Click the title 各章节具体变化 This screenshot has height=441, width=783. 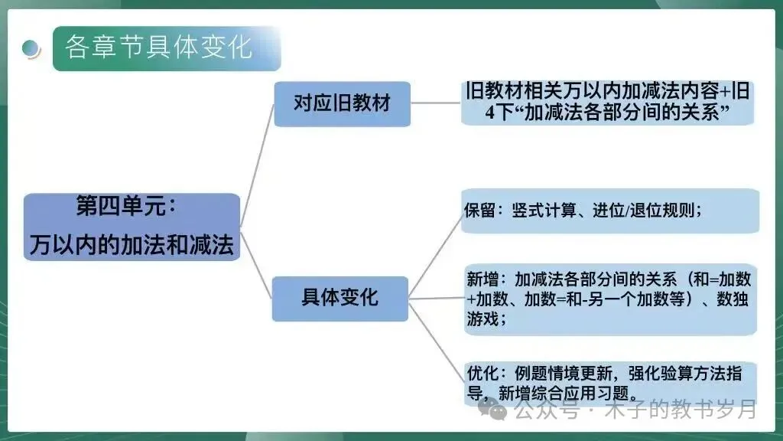(158, 47)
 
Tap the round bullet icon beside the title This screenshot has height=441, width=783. (31, 48)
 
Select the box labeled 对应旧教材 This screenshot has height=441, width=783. (342, 103)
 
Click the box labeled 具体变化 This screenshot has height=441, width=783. (340, 297)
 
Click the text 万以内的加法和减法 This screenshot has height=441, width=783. (132, 246)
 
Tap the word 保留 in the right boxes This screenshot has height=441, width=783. (480, 211)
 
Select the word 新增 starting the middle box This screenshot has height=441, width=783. (482, 279)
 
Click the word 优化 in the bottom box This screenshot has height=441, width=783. (482, 374)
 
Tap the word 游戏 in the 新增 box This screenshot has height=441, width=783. (482, 319)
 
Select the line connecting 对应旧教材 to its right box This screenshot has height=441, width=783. (436, 103)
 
